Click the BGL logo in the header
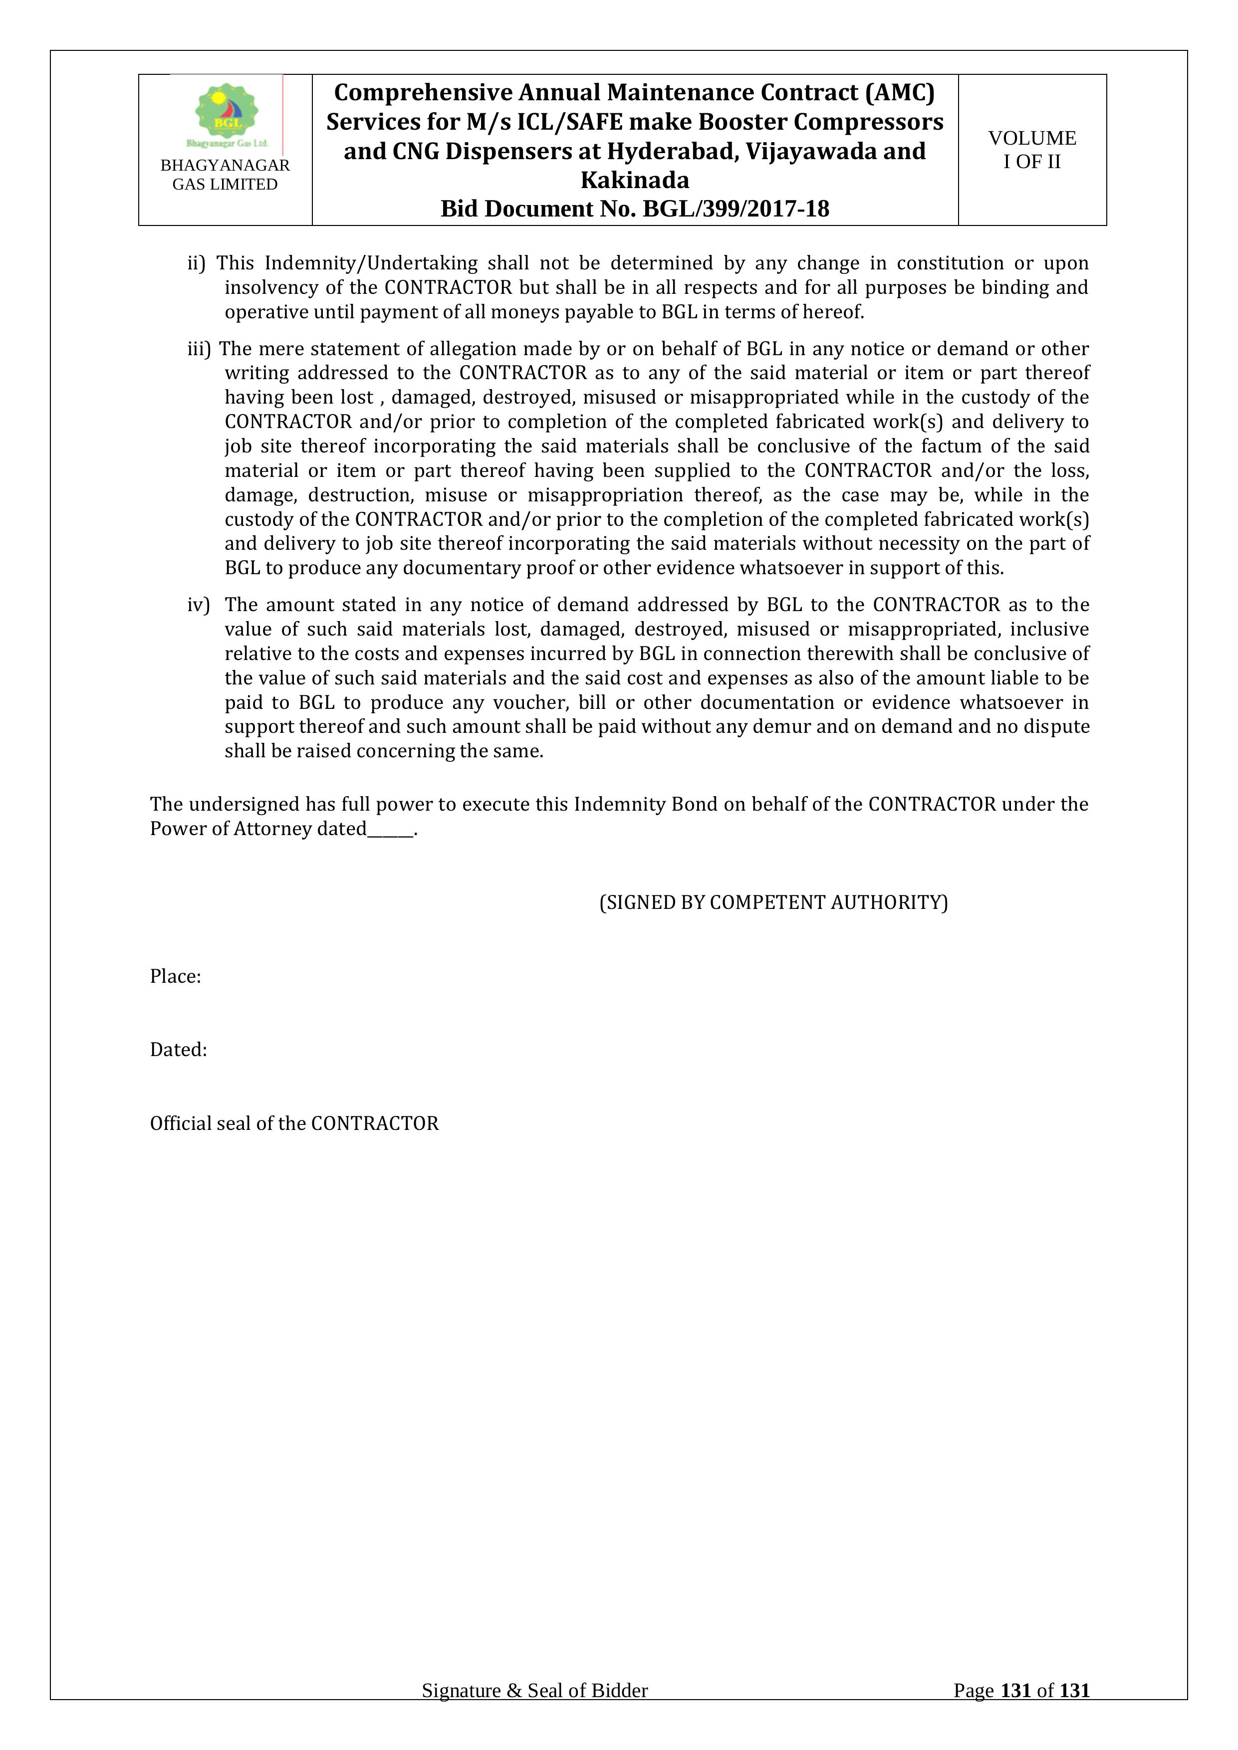[227, 114]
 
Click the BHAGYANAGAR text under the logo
[225, 166]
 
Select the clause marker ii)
[197, 263]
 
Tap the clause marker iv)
[198, 605]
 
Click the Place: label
[175, 976]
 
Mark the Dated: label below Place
[178, 1050]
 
